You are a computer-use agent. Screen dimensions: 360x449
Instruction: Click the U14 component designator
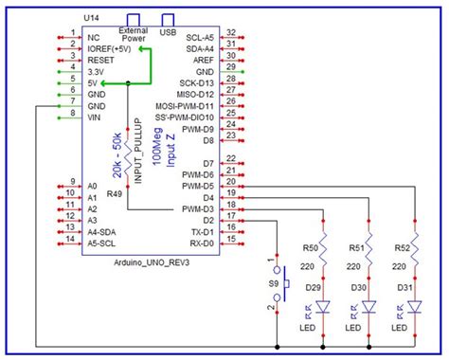pos(92,19)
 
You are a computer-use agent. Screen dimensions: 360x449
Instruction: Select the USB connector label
pos(170,31)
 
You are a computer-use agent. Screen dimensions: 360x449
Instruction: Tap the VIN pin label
pos(94,118)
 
